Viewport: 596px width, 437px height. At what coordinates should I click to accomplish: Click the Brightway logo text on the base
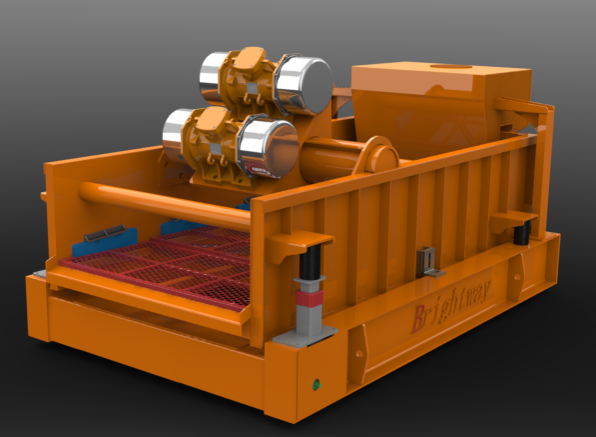click(451, 306)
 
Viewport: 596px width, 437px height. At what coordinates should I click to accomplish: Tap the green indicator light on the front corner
click(316, 385)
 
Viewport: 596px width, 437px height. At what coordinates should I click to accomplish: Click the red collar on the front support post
click(309, 298)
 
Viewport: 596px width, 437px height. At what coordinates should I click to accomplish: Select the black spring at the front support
click(310, 262)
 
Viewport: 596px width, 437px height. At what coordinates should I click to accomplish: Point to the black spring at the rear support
click(522, 233)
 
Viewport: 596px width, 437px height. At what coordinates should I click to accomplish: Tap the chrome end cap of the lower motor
click(268, 148)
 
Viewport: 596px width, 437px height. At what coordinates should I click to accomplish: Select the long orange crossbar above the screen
click(164, 206)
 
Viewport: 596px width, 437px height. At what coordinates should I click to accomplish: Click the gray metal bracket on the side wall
click(428, 262)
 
